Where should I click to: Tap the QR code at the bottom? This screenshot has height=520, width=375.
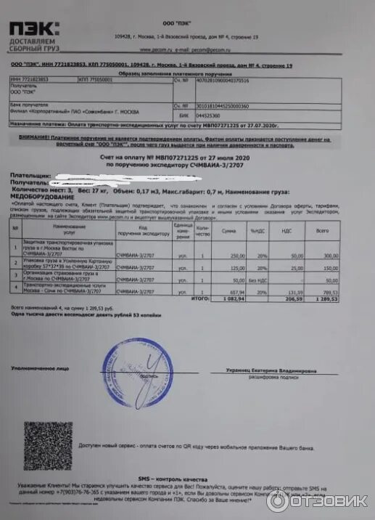(x=47, y=444)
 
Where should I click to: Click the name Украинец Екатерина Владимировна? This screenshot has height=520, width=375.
(x=271, y=370)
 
